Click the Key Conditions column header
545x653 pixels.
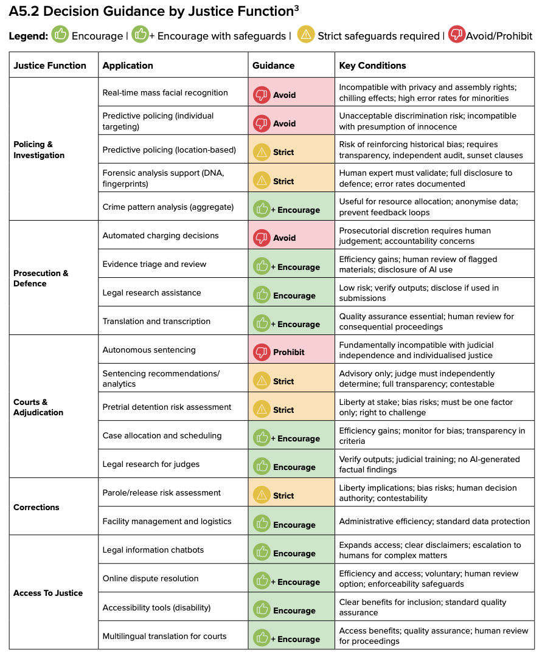pyautogui.click(x=372, y=66)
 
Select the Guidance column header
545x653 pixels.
pyautogui.click(x=273, y=66)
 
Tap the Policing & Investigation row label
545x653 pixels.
pyautogui.click(x=39, y=150)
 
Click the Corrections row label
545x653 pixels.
pyautogui.click(x=36, y=507)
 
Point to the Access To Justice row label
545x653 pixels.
pyautogui.click(x=48, y=593)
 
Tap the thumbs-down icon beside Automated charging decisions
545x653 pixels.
pyautogui.click(x=262, y=238)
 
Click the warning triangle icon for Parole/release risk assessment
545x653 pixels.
pyautogui.click(x=262, y=495)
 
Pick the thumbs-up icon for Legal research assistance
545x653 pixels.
pyautogui.click(x=262, y=295)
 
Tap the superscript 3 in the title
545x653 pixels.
pyautogui.click(x=296, y=7)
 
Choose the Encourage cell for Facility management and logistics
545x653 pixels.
pyautogui.click(x=292, y=521)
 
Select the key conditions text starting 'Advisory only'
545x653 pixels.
pyautogui.click(x=417, y=379)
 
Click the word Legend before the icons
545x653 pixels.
pyautogui.click(x=29, y=36)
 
